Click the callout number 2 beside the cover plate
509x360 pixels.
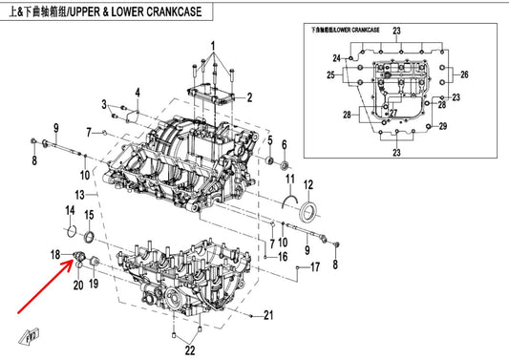point(249,97)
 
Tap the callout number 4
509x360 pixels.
point(138,93)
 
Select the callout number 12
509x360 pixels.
point(308,184)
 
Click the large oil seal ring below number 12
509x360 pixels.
point(308,212)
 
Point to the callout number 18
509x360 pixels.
point(55,255)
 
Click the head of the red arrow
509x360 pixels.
point(72,261)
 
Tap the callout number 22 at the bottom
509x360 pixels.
point(190,350)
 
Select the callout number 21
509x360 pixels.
point(268,315)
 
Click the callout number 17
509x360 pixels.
point(315,267)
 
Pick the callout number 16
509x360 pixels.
point(283,257)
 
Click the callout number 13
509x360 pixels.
point(80,195)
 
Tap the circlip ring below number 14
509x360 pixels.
point(72,231)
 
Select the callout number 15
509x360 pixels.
point(89,215)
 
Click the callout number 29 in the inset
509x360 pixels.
point(443,126)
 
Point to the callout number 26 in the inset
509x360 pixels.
point(464,74)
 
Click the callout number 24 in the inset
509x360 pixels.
point(337,58)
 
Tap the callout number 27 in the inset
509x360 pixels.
point(393,113)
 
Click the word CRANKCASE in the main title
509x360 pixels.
point(174,12)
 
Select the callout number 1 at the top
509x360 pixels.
point(213,47)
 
